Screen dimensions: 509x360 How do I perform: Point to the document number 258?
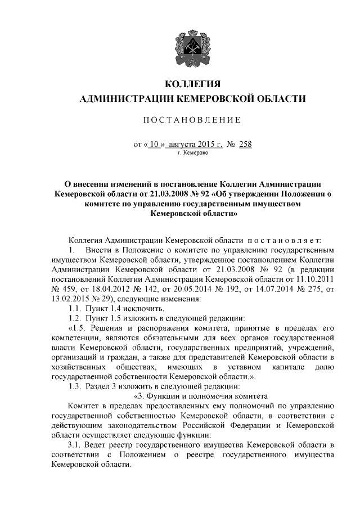245,145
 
